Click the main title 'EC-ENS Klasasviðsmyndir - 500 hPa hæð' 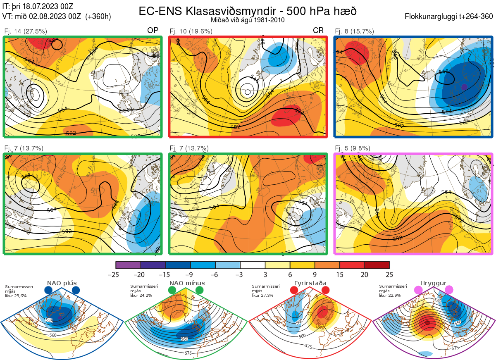(248, 11)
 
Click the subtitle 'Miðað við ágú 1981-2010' (248, 20)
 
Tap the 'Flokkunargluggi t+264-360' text (449, 17)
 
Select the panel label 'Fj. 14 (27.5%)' (26, 31)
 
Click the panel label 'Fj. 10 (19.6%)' (191, 31)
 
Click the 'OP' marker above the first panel (153, 31)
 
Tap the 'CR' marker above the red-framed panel (318, 31)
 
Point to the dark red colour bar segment (377, 265)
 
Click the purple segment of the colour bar (128, 265)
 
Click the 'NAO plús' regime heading (62, 283)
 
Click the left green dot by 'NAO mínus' (172, 291)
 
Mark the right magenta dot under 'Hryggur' (449, 290)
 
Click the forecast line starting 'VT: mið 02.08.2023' (57, 17)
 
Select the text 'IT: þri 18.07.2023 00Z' (38, 6)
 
